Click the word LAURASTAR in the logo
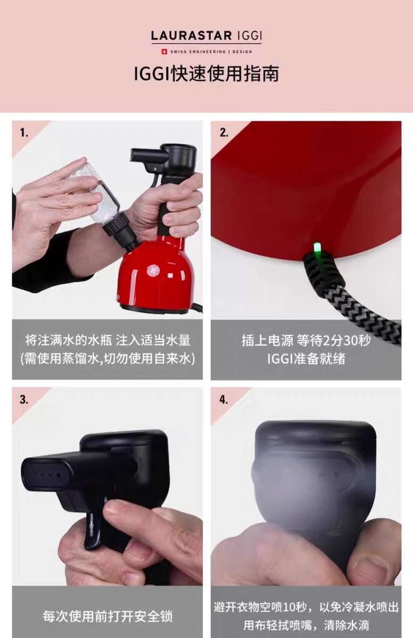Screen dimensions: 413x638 pos(191,36)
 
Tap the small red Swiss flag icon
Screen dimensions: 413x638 pos(164,52)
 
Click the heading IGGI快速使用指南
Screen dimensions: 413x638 pos(206,74)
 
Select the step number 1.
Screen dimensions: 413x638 pos(24,133)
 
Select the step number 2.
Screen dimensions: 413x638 pos(224,133)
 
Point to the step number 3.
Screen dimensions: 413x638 pos(24,400)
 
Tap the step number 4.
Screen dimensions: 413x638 pos(224,400)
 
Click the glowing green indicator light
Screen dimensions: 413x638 pos(316,248)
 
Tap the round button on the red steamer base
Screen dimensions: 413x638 pos(154,270)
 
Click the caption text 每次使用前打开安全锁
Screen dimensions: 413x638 pos(108,616)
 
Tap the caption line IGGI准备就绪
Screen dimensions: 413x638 pos(306,358)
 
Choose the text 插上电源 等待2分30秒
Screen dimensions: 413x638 pos(306,340)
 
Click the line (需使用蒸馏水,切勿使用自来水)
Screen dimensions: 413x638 pos(108,358)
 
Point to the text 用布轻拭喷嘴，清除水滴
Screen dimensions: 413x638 pos(306,625)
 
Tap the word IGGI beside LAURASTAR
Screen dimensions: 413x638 pos(250,36)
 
